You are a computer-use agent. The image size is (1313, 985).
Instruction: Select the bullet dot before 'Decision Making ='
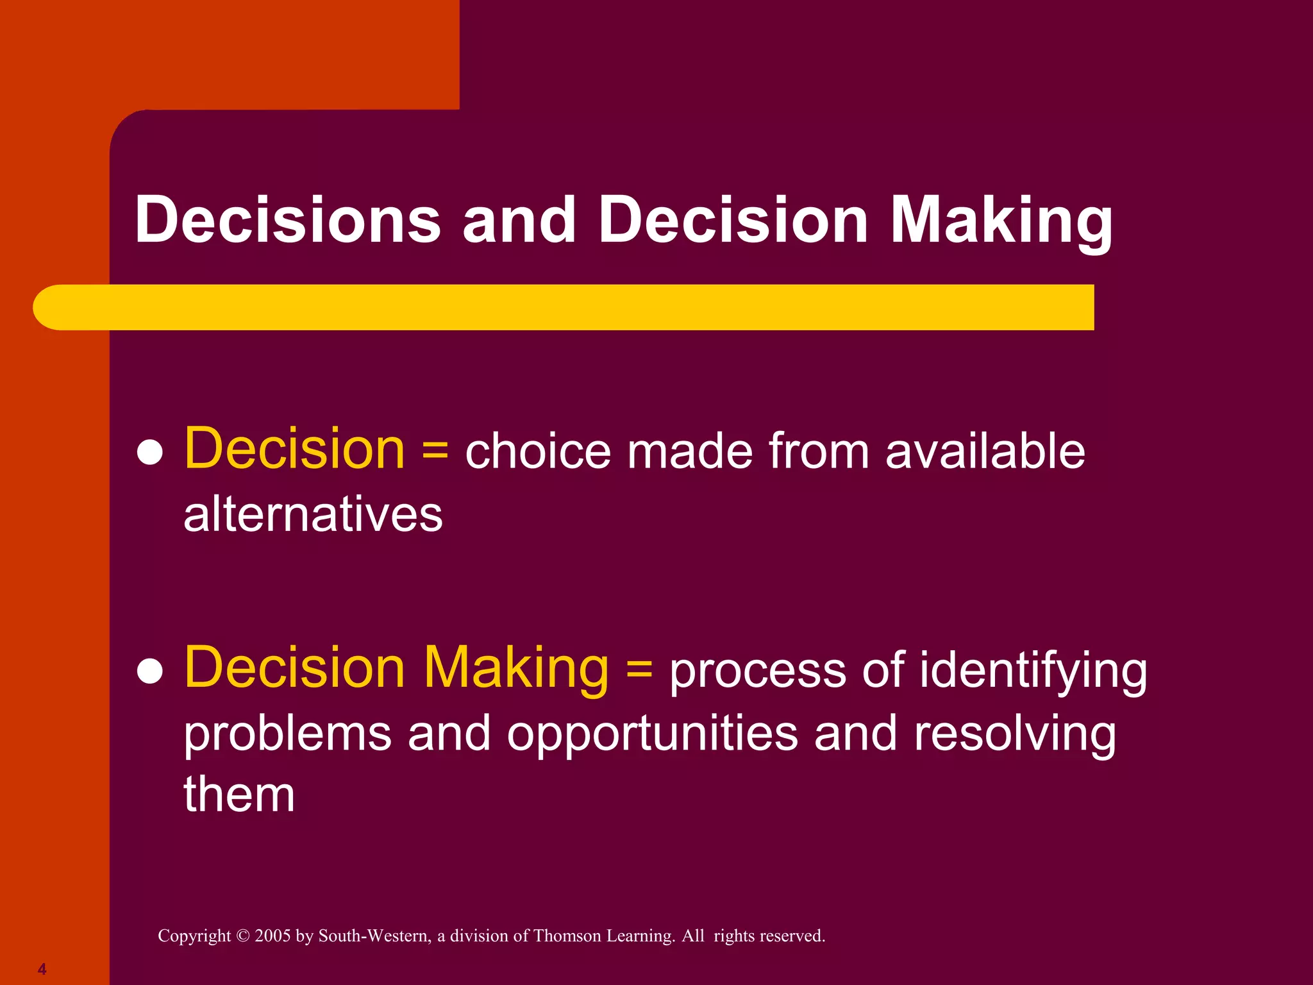pos(150,671)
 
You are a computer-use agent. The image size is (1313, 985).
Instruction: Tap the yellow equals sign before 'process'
pos(639,669)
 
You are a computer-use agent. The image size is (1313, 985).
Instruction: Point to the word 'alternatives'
pos(314,514)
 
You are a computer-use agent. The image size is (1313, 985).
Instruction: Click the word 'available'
pos(985,451)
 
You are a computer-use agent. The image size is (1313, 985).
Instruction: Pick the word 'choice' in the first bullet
pos(537,451)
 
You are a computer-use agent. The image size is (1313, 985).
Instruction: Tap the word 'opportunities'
pos(653,734)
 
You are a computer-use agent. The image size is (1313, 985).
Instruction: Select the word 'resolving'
pos(1015,734)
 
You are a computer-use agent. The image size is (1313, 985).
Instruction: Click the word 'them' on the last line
pos(239,794)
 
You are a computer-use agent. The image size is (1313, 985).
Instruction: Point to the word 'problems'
pos(288,734)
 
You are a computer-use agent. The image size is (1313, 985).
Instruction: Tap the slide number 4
pos(42,969)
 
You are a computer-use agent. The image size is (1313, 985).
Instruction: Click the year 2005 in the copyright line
pos(272,936)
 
